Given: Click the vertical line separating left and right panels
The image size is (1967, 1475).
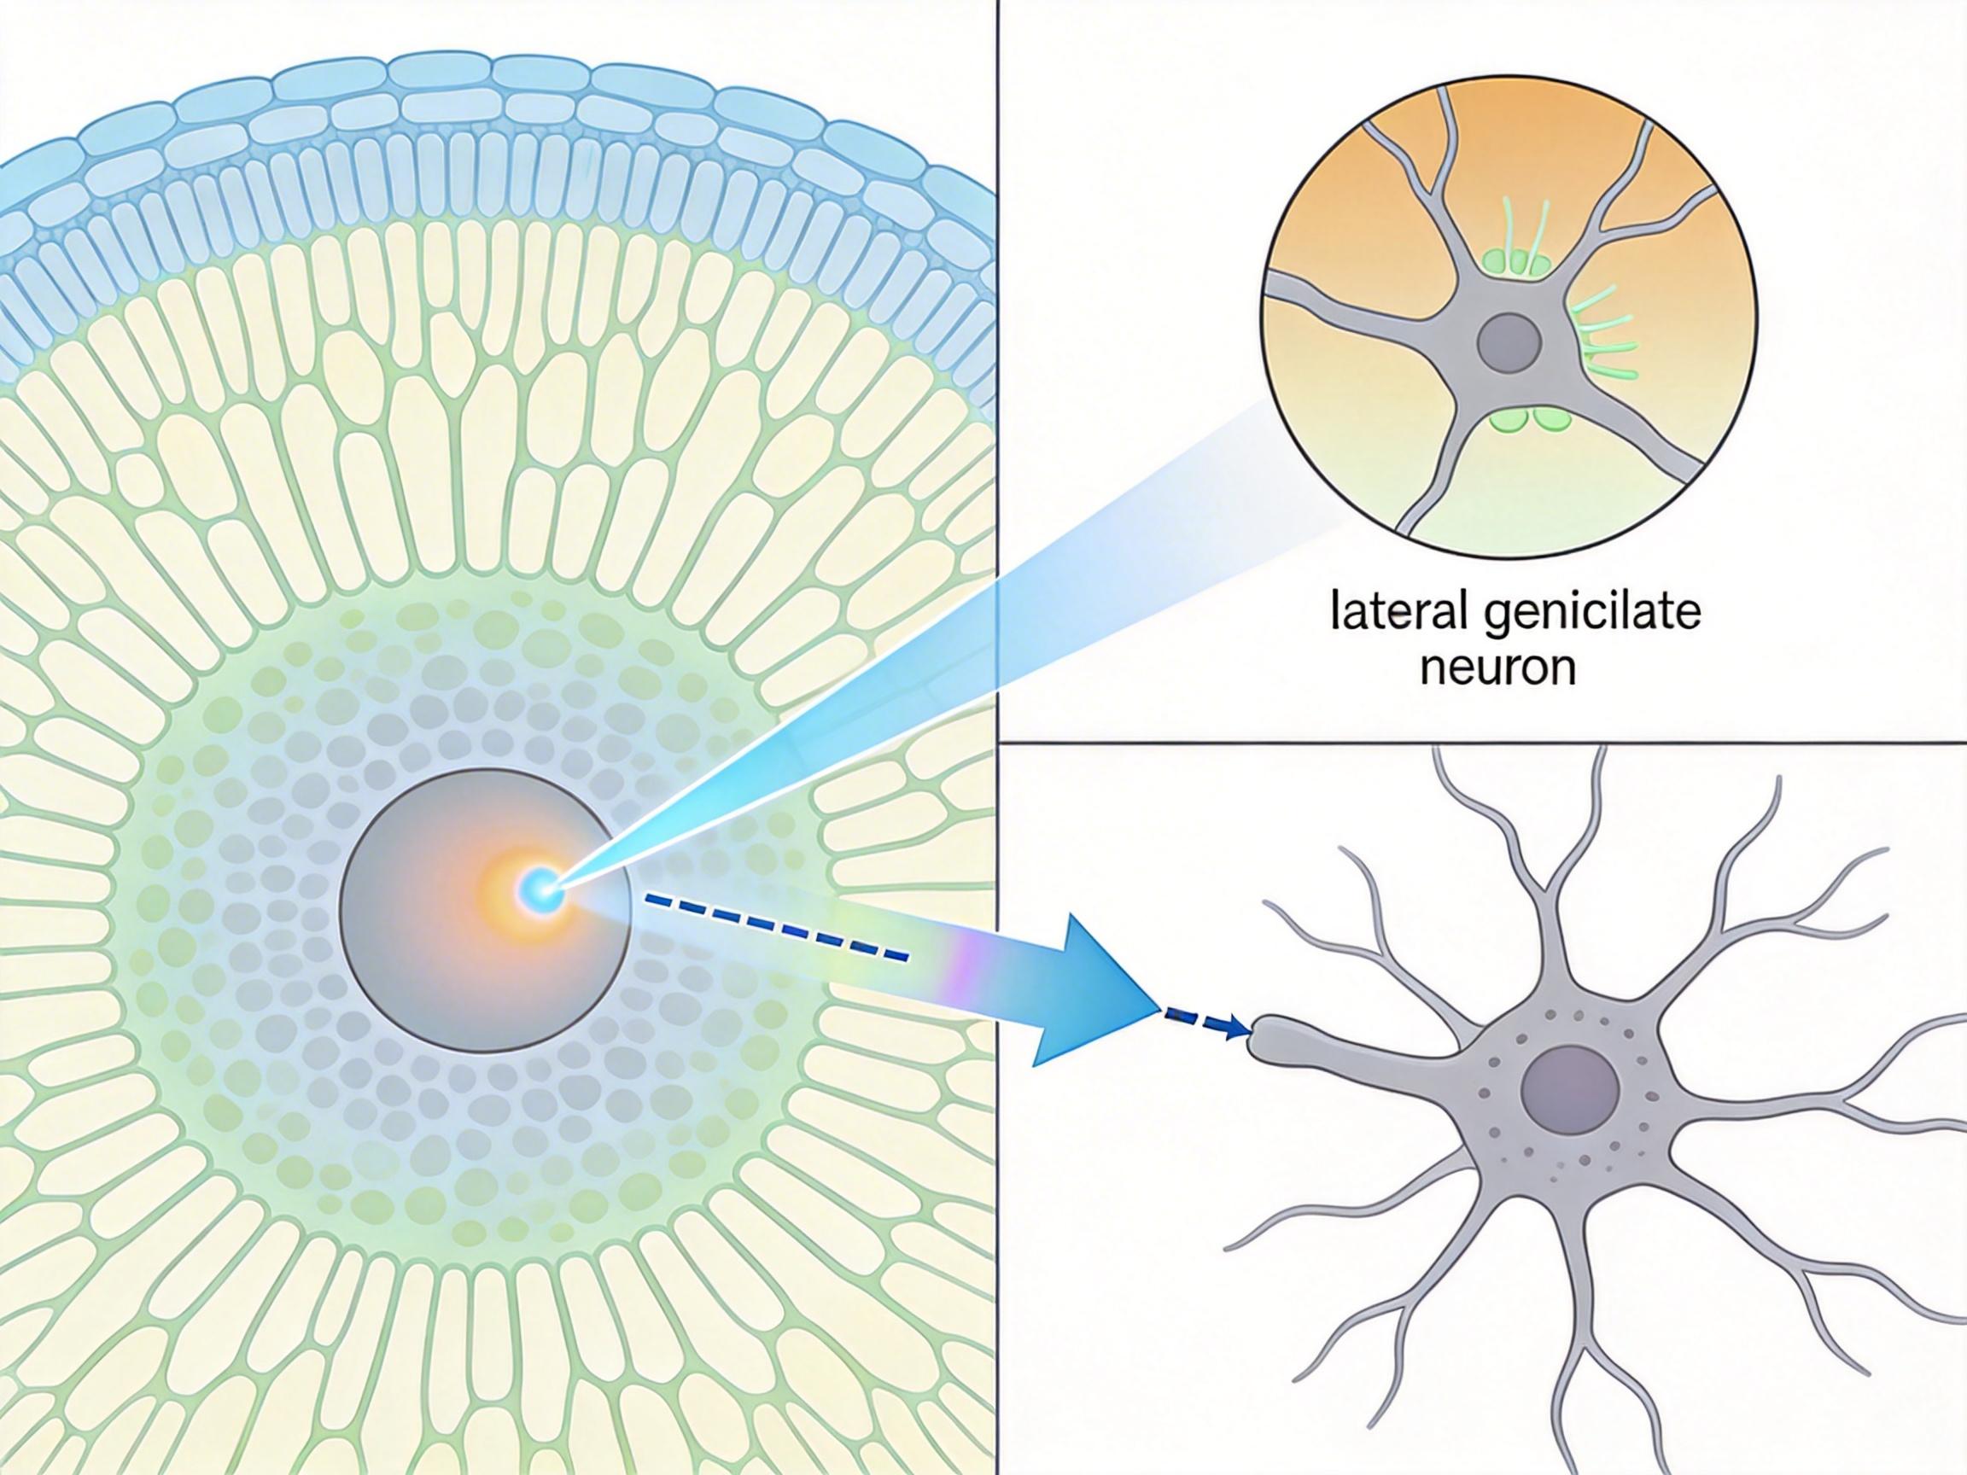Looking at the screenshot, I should [x=999, y=356].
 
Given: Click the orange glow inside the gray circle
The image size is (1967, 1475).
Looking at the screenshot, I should [x=502, y=889].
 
